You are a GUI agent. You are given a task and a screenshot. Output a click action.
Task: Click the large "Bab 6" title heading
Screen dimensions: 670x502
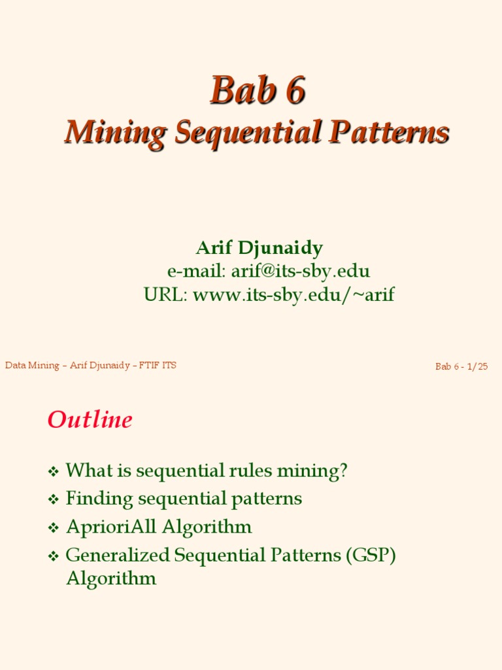(x=257, y=91)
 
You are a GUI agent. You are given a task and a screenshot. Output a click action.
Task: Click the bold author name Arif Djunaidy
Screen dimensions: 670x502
(x=259, y=248)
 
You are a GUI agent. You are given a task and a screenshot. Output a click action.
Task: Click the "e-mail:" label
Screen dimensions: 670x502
(x=196, y=271)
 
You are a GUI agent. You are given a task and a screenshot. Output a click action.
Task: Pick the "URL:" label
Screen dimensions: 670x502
(x=166, y=294)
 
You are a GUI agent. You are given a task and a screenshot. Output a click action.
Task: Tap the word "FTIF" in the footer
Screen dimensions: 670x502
(x=150, y=365)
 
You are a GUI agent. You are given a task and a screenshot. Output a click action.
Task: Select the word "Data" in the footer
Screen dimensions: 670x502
(x=15, y=365)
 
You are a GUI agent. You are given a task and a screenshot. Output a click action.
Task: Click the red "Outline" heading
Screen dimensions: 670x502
(x=90, y=419)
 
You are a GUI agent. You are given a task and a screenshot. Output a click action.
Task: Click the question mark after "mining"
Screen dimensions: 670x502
(x=343, y=470)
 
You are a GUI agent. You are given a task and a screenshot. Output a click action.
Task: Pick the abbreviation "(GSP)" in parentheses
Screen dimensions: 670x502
(x=371, y=555)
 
